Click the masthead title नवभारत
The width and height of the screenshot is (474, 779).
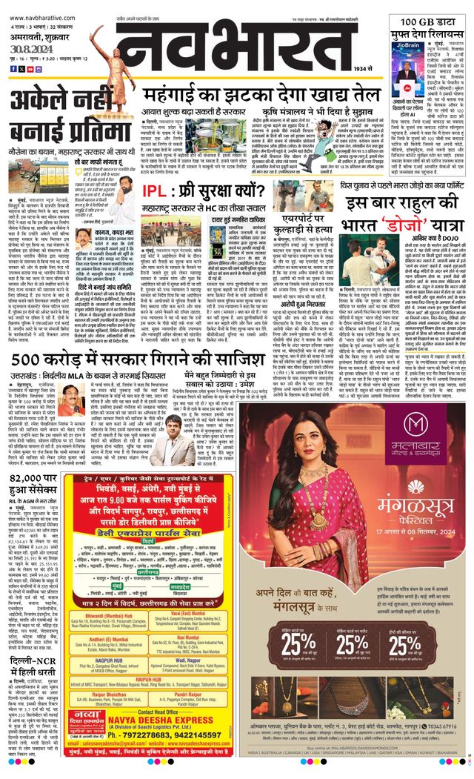(x=244, y=48)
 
